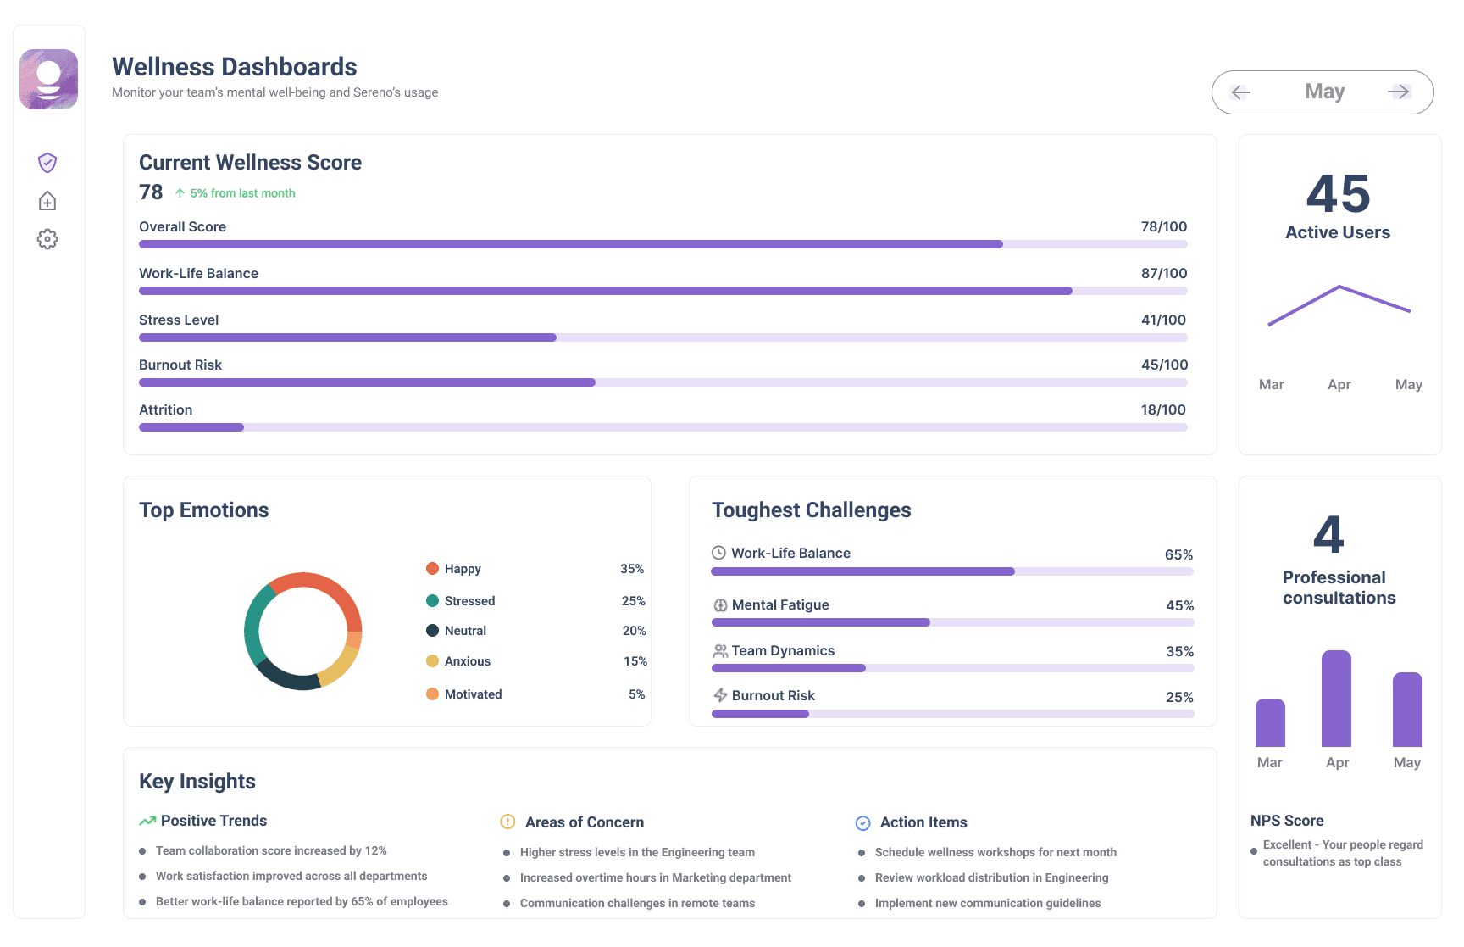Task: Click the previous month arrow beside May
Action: pos(1241,92)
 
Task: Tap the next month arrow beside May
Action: pos(1399,92)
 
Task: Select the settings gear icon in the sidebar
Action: pos(47,239)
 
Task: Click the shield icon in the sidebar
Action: pos(47,162)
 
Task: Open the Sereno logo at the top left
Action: pos(49,79)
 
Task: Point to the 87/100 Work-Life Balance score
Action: pos(1164,273)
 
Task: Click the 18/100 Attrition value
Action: pos(1163,409)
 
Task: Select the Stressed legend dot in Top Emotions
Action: pos(432,600)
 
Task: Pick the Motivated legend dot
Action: pos(432,694)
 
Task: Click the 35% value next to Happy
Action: pos(632,569)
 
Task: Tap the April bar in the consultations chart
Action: pos(1336,699)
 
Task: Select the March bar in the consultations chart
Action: pos(1270,722)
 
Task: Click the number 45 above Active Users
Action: pos(1338,194)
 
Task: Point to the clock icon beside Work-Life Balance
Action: pos(718,553)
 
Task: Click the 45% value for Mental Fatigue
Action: pos(1180,605)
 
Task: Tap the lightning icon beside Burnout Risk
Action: pos(720,695)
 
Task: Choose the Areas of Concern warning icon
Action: pos(507,822)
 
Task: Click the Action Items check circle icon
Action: pos(862,822)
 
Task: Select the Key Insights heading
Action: pos(197,782)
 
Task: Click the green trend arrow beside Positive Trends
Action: pos(147,821)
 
